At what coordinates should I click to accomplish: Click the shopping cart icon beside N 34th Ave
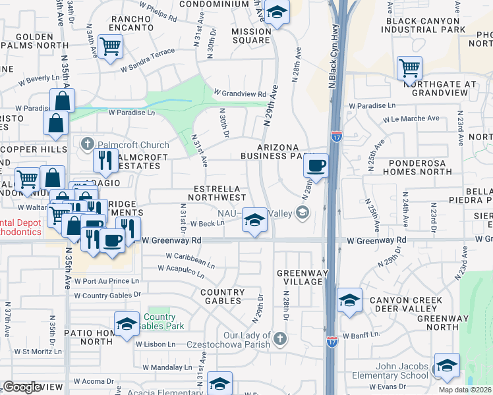point(110,46)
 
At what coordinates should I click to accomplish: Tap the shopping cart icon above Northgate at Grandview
point(410,67)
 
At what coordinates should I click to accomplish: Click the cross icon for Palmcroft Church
point(87,144)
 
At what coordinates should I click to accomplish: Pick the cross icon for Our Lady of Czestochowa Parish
point(280,338)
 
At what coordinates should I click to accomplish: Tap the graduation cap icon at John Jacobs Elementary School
point(447,365)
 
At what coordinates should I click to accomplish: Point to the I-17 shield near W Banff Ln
point(333,342)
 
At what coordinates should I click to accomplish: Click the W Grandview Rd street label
point(239,93)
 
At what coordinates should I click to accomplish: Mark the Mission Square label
point(250,35)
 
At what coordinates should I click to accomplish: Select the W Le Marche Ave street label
point(411,118)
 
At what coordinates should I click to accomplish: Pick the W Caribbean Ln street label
point(190,260)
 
